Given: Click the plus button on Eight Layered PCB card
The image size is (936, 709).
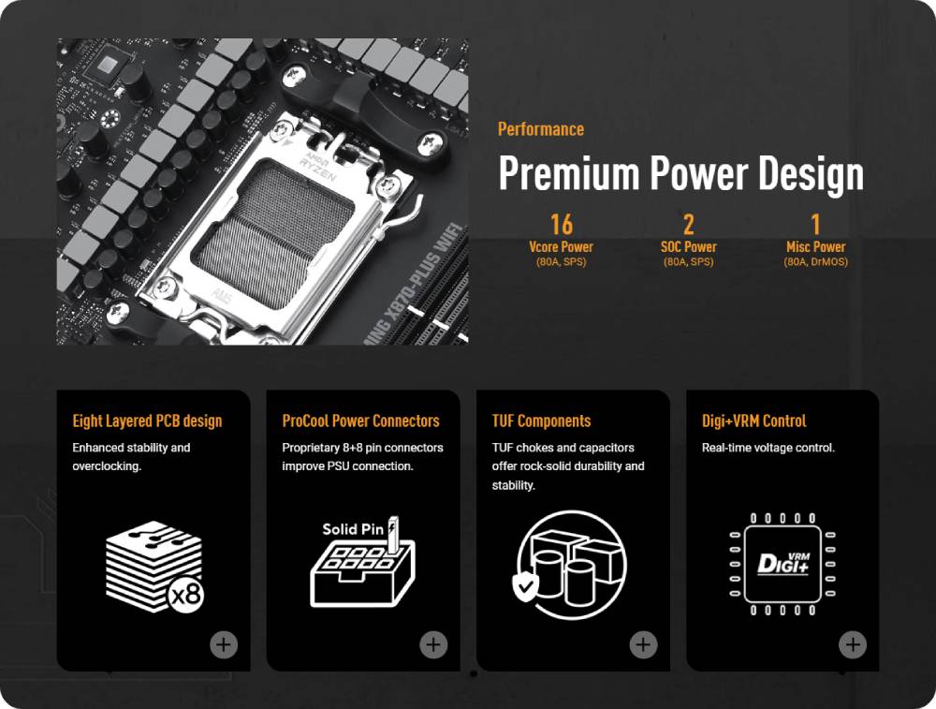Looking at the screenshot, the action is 224,644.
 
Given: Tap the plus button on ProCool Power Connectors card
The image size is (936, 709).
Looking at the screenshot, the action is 433,644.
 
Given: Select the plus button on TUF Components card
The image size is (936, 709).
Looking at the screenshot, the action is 643,644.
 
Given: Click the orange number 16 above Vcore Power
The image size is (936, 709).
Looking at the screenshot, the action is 561,225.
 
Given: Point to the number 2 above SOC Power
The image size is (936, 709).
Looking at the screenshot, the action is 688,225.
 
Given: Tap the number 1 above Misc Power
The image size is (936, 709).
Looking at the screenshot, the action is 815,225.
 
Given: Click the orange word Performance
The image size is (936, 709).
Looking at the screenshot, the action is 541,129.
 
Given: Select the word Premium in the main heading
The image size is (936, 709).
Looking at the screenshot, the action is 569,172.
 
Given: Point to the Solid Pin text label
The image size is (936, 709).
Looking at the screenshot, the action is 353,529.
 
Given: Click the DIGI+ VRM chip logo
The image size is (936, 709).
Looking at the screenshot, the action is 782,563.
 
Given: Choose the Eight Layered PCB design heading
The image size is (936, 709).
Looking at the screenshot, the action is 147,421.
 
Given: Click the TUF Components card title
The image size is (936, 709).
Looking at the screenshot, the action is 541,421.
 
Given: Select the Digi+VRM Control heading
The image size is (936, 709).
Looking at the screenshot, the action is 753,421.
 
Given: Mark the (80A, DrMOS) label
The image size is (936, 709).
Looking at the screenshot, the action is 815,261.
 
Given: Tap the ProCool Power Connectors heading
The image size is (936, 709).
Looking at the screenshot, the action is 360,421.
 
